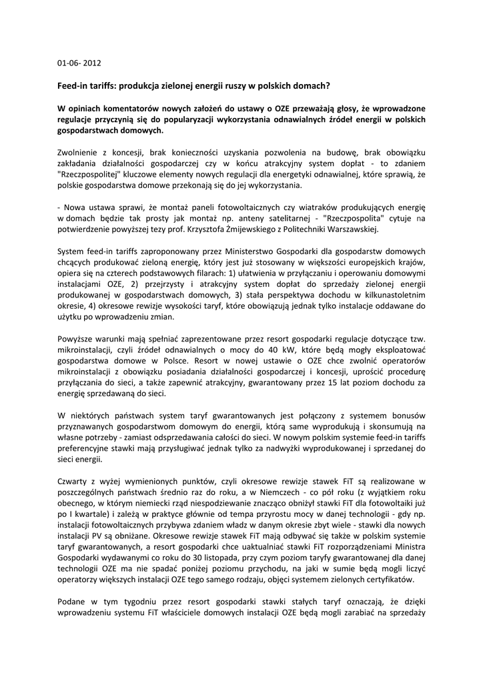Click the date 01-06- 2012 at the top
pos(79,64)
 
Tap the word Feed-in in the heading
pos(73,86)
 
